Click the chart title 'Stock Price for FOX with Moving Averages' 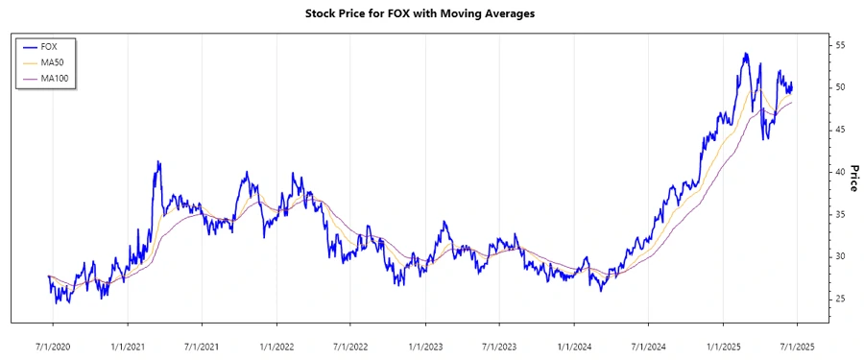click(x=432, y=14)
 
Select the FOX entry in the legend click(x=49, y=46)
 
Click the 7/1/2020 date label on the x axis click(x=54, y=345)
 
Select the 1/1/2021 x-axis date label click(x=128, y=345)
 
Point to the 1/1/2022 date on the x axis click(x=276, y=345)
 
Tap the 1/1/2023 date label click(x=425, y=345)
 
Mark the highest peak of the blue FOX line click(x=746, y=54)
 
